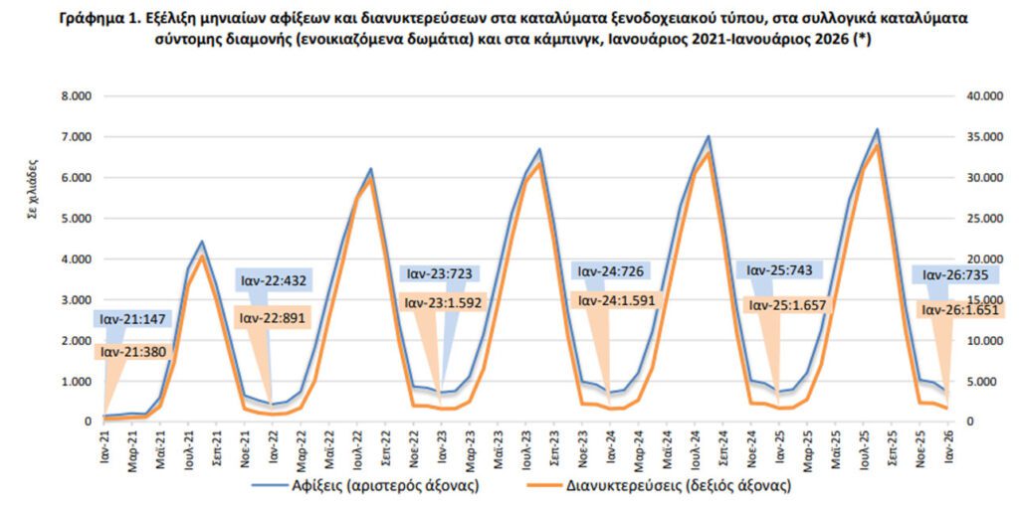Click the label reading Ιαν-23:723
coord(439,272)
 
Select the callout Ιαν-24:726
coord(609,272)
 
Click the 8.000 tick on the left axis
coord(76,96)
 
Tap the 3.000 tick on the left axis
coord(76,300)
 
